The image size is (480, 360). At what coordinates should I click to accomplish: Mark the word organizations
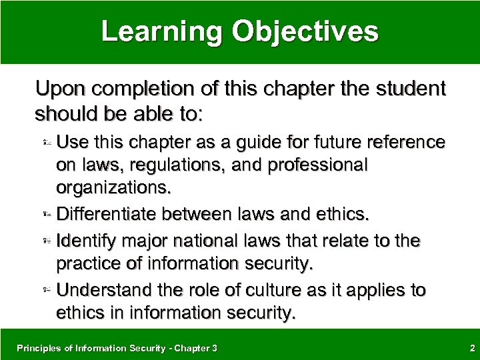tap(114, 187)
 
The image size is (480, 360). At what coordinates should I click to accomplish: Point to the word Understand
tap(98, 290)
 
